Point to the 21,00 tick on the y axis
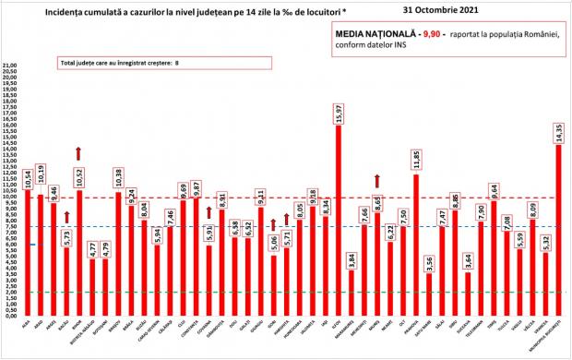pos(11,67)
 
